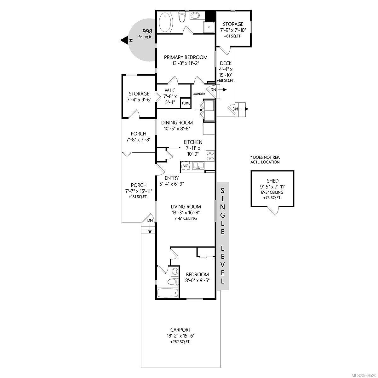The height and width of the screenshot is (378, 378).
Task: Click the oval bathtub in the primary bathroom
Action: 165,24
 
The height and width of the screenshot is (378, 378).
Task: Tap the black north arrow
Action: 124,40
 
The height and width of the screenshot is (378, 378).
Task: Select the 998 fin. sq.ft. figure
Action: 146,33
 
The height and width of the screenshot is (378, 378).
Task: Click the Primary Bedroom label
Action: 186,57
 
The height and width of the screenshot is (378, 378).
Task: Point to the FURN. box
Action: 185,103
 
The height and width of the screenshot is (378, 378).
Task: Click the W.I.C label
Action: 170,90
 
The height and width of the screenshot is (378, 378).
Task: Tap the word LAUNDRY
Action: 199,94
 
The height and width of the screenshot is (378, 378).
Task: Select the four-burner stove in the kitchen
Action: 210,156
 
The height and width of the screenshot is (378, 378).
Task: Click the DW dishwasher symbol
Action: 185,166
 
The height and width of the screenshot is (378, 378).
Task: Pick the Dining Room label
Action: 177,123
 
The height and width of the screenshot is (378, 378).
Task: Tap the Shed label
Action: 272,181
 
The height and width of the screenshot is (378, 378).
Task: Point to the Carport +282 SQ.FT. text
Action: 180,341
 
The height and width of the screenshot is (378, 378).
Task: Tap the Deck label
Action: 226,63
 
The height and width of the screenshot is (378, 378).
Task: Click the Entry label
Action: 172,178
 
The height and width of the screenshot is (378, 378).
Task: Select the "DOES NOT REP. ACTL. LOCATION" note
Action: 265,160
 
